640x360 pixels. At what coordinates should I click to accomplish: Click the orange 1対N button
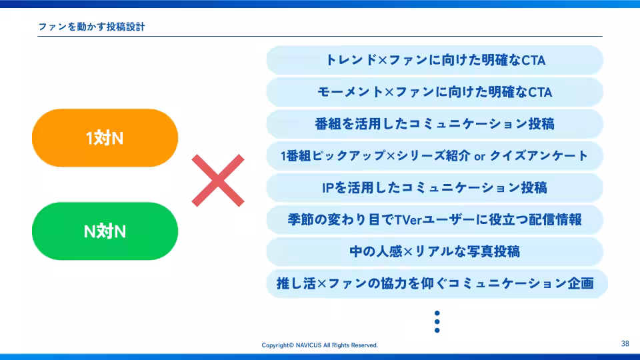coord(105,138)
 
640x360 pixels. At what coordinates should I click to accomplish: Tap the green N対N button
coord(105,231)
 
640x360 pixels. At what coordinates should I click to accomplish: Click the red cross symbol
coord(218,180)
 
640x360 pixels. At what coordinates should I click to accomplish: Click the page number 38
coord(625,344)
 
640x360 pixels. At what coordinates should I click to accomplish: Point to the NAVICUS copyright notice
coord(319,345)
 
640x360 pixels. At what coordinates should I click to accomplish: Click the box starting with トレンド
coord(435,61)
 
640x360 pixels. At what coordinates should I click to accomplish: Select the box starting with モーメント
coord(435,92)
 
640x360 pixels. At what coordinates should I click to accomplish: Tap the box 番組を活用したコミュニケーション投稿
coord(435,124)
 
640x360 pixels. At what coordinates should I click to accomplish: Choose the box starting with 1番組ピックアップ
coord(435,156)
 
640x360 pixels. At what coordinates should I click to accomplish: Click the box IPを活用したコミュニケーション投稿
coord(435,188)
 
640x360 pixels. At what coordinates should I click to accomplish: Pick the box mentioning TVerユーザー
coord(435,219)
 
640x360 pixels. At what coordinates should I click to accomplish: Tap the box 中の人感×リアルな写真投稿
coord(435,251)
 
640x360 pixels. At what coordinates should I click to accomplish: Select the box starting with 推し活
coord(435,283)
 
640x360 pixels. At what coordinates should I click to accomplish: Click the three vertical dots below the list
coord(437,321)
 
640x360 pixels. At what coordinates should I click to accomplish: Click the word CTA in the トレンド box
coord(533,61)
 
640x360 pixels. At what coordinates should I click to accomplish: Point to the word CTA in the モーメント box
coord(540,92)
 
